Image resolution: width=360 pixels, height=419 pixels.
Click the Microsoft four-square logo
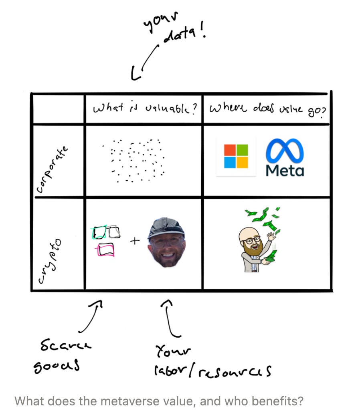coord(236,156)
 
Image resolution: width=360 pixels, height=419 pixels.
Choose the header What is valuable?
coord(143,109)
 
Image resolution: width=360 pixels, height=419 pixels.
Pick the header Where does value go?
coord(266,109)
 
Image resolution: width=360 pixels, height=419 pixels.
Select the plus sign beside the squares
coord(135,241)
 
